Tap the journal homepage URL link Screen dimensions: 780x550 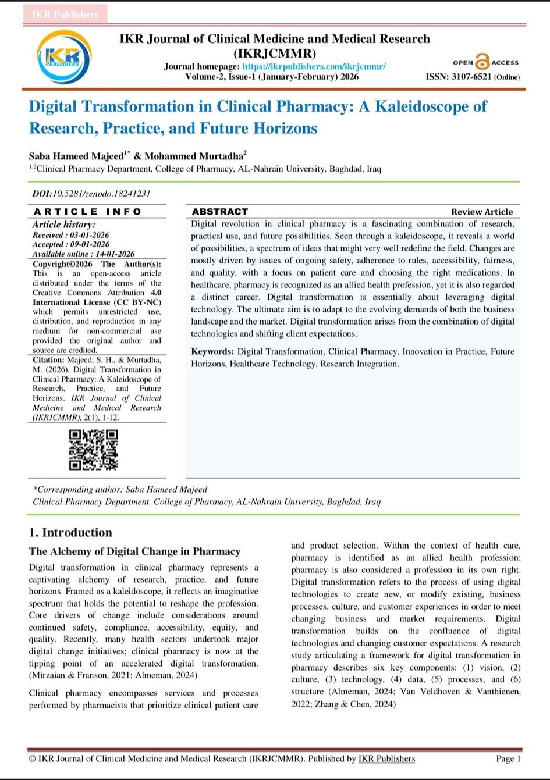click(x=314, y=67)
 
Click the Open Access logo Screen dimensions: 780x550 click(x=485, y=62)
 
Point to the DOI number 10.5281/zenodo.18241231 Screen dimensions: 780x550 click(x=102, y=194)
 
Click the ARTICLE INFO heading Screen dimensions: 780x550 click(x=87, y=212)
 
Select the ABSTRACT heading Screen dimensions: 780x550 click(x=219, y=212)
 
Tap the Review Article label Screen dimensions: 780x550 click(x=481, y=212)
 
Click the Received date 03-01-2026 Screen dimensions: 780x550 click(x=87, y=235)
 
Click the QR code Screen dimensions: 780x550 click(x=93, y=450)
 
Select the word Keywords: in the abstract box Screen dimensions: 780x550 click(x=212, y=351)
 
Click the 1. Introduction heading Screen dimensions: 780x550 click(x=70, y=532)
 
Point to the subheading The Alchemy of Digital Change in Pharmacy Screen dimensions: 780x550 click(x=134, y=551)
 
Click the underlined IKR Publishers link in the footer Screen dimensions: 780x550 click(x=386, y=758)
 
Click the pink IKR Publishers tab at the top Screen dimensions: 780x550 click(x=65, y=15)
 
